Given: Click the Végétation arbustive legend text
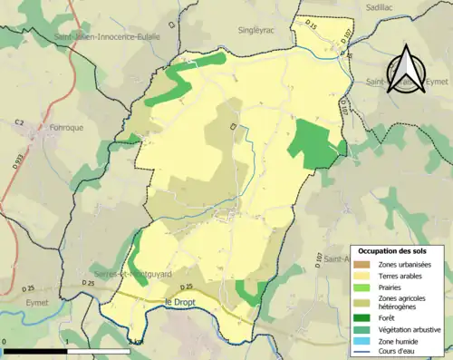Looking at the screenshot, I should pos(411,329).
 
